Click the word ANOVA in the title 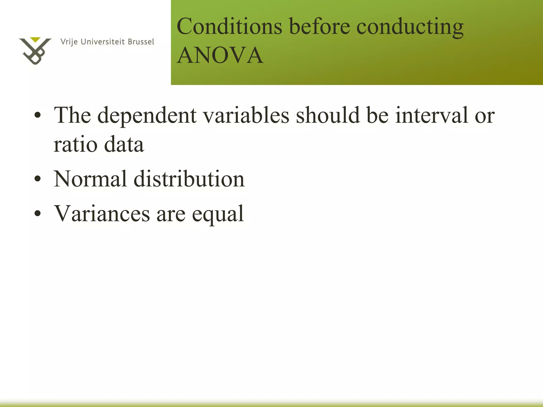point(220,55)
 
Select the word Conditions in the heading point(229,26)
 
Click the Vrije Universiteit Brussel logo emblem point(35,51)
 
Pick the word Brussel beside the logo point(141,42)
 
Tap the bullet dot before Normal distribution point(38,179)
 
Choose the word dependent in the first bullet point(147,116)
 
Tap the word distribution point(189,179)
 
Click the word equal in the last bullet point(218,214)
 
